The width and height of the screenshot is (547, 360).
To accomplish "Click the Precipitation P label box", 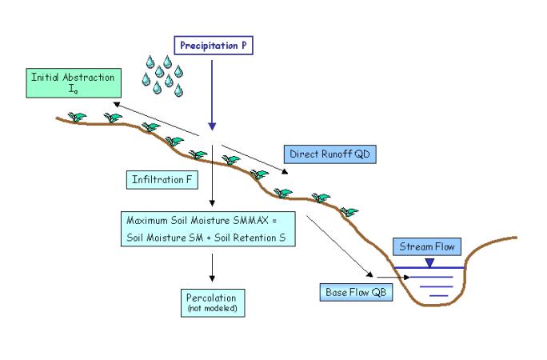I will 214,46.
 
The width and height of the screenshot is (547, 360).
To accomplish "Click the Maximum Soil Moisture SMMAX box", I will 210,227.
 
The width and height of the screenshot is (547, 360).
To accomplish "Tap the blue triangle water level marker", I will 429,262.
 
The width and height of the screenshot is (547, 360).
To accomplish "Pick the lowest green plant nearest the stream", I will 349,212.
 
